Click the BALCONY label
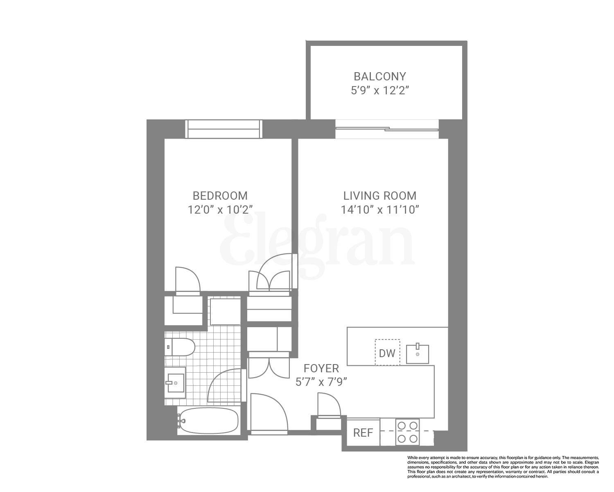tap(379, 77)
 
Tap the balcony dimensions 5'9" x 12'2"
tap(380, 91)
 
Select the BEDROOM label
tap(220, 196)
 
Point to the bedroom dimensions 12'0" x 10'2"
tap(220, 210)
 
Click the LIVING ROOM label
tap(380, 196)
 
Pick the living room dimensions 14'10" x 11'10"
tap(380, 210)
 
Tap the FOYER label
tap(321, 368)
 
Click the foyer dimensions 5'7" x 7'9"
tap(321, 382)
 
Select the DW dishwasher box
tap(387, 352)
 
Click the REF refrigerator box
tap(363, 433)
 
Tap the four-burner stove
tap(407, 432)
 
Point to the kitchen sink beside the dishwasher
tap(418, 354)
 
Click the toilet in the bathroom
tap(179, 347)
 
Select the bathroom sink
tap(175, 383)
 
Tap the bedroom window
tap(223, 129)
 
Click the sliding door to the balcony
tap(386, 129)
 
